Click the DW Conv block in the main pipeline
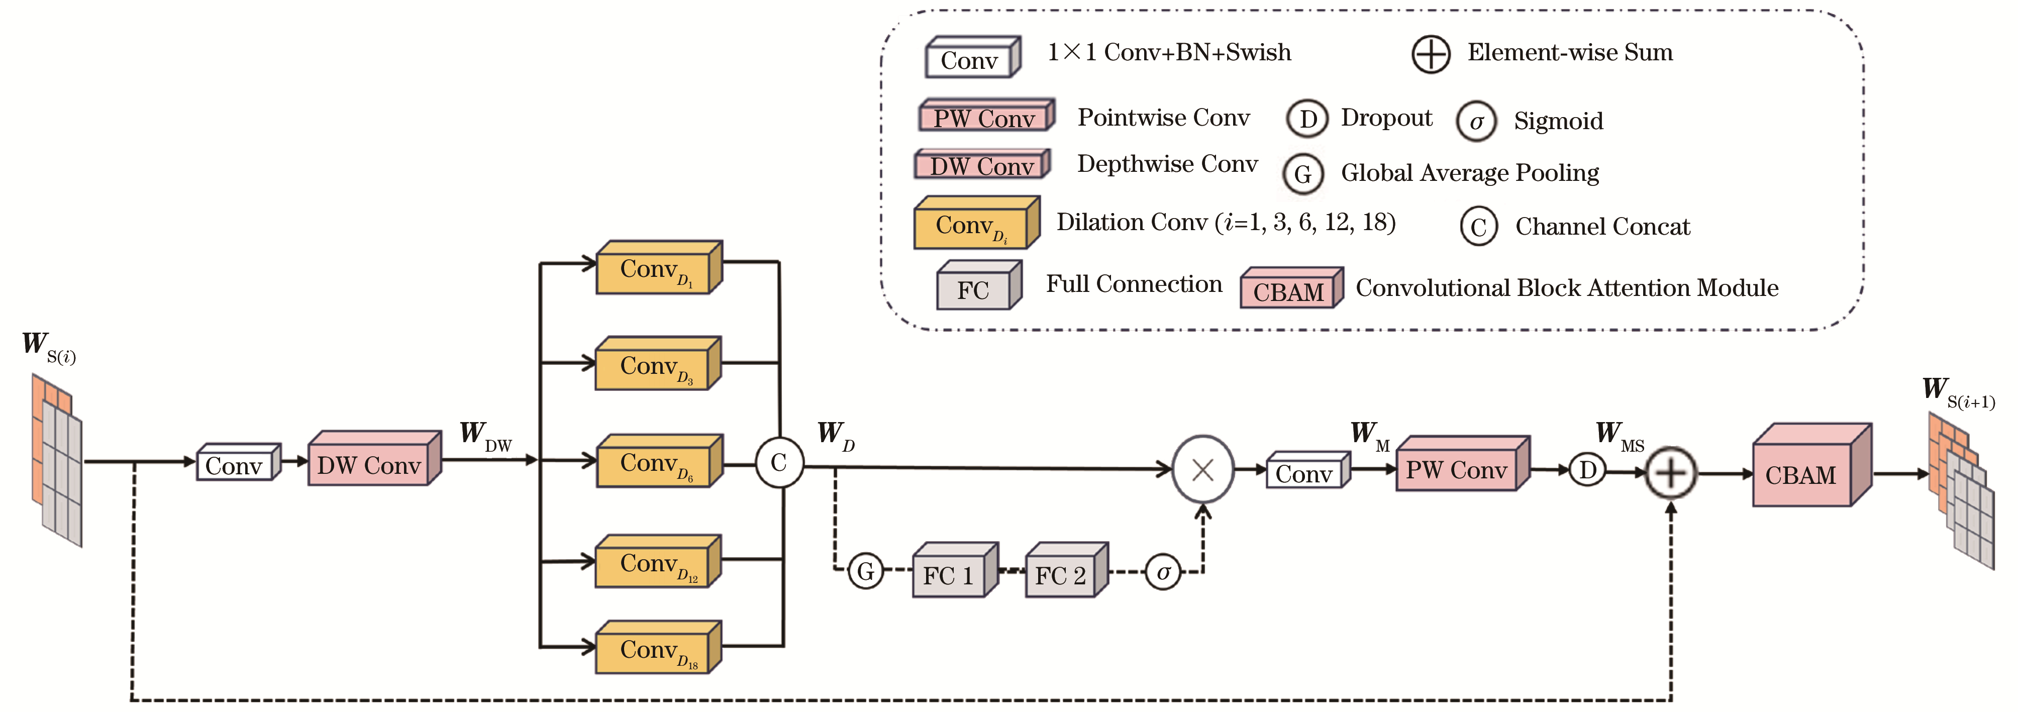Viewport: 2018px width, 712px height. [x=370, y=464]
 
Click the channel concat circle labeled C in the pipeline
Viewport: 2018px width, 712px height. [x=779, y=463]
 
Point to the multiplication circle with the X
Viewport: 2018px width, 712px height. [x=1202, y=470]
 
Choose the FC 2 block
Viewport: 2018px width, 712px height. [x=1061, y=575]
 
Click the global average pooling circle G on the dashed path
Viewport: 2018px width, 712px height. [x=866, y=571]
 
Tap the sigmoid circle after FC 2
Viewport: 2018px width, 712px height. [x=1163, y=573]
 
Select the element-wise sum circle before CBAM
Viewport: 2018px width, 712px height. [x=1670, y=473]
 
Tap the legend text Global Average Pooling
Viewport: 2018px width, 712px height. [x=1470, y=173]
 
